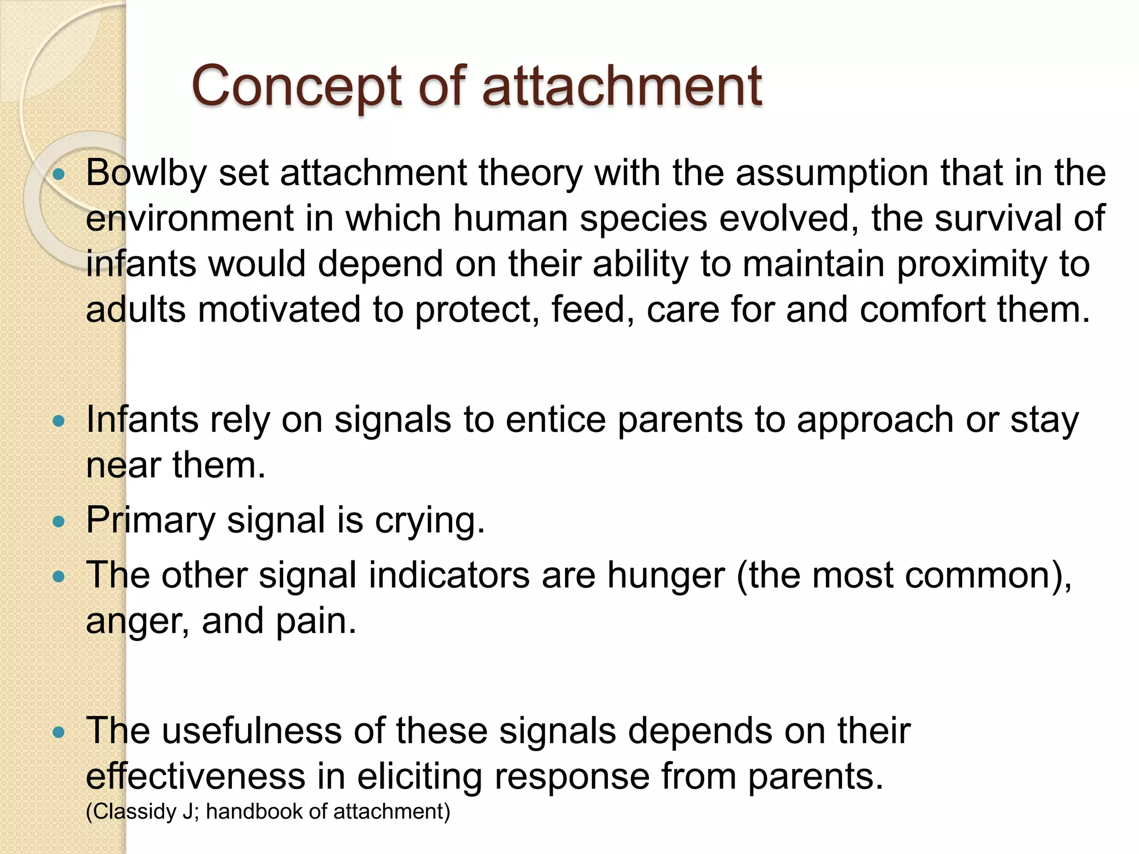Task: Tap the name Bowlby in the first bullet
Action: click(146, 173)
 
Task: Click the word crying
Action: click(429, 521)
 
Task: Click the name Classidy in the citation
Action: click(135, 812)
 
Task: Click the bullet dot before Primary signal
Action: click(58, 522)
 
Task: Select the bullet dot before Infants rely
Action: click(58, 421)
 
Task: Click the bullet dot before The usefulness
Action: click(58, 732)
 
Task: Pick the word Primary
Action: click(150, 521)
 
